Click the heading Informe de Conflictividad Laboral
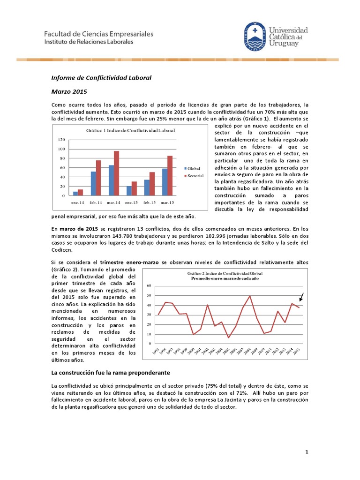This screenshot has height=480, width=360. tap(101, 78)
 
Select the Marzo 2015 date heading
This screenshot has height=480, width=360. tap(69, 91)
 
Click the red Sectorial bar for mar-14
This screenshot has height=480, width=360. tap(116, 173)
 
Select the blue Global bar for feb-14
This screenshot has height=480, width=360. tap(93, 183)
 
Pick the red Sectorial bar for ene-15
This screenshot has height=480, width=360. tap(134, 188)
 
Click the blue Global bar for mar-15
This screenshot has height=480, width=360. tap(165, 182)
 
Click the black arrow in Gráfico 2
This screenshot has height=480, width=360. tap(301, 297)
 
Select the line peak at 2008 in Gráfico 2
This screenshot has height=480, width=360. tap(249, 296)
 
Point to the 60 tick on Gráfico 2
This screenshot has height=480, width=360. tap(149, 285)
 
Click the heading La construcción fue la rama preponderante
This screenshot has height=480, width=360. tap(111, 372)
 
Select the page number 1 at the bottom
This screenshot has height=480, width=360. tap(307, 452)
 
